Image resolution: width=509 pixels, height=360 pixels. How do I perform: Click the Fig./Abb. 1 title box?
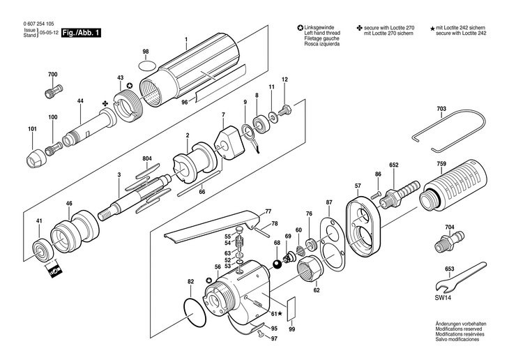click(81, 33)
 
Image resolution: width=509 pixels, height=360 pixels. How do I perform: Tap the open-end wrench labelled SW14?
click(460, 276)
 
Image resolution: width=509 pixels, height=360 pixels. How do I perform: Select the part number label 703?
click(441, 109)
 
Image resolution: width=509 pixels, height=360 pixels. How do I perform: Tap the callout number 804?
click(147, 158)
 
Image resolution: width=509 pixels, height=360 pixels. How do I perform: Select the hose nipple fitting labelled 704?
click(449, 241)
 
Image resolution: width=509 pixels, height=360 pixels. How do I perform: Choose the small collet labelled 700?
click(54, 91)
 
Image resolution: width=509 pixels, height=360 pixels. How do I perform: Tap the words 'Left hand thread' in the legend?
click(322, 33)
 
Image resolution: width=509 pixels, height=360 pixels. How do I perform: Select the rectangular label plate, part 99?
click(291, 308)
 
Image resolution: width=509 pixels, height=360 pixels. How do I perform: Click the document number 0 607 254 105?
click(38, 24)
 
